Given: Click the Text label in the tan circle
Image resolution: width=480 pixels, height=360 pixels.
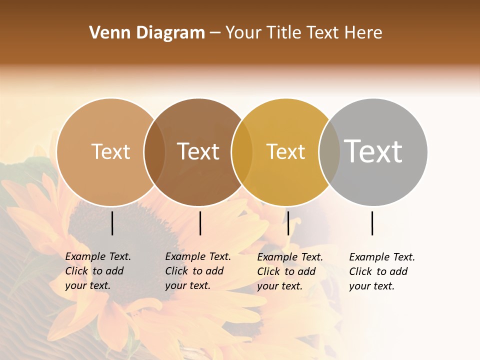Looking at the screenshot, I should click(110, 151).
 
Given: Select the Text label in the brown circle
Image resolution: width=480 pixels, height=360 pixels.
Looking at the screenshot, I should click(198, 151).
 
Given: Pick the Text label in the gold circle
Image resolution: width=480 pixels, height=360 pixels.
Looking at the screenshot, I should click(285, 151).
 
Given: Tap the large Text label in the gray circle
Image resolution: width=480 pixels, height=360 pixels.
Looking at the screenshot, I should click(373, 151).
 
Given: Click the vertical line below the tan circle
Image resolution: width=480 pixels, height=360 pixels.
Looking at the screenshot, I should click(112, 223).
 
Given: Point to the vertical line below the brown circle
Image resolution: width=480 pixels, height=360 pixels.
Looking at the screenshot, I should click(200, 223).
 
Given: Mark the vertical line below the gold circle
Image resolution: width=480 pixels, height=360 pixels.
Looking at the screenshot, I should click(288, 223).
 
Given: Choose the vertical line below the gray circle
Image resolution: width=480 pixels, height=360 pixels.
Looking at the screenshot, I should click(372, 223).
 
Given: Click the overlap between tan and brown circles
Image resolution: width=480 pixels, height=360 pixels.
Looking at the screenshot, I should click(154, 152).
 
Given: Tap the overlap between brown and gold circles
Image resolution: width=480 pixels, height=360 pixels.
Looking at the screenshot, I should click(242, 152).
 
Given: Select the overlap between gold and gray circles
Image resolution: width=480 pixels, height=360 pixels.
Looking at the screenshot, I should click(329, 152).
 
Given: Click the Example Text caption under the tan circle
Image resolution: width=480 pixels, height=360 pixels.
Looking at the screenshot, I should click(98, 271).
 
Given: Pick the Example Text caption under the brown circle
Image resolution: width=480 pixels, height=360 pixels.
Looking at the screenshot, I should click(198, 271).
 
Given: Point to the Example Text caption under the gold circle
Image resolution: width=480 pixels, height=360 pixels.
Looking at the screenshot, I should click(290, 271).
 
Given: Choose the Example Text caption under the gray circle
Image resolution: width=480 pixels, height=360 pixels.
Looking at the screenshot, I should click(382, 271).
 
